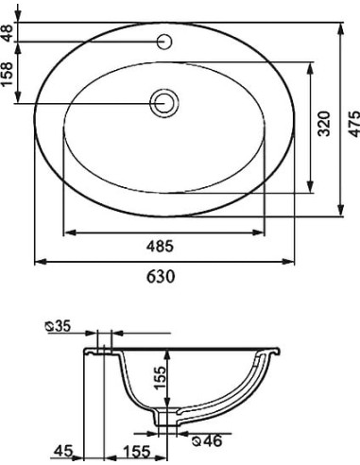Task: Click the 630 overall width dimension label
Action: tap(161, 277)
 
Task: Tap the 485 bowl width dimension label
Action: tap(161, 246)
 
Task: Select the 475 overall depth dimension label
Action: tap(354, 124)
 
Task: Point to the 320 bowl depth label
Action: tap(324, 124)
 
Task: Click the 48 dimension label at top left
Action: tap(8, 33)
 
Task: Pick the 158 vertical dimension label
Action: tap(8, 74)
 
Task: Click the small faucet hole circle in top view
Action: tap(164, 42)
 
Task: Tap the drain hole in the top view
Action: tap(164, 103)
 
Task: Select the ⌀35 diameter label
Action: tap(59, 326)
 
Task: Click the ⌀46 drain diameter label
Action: tap(207, 440)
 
